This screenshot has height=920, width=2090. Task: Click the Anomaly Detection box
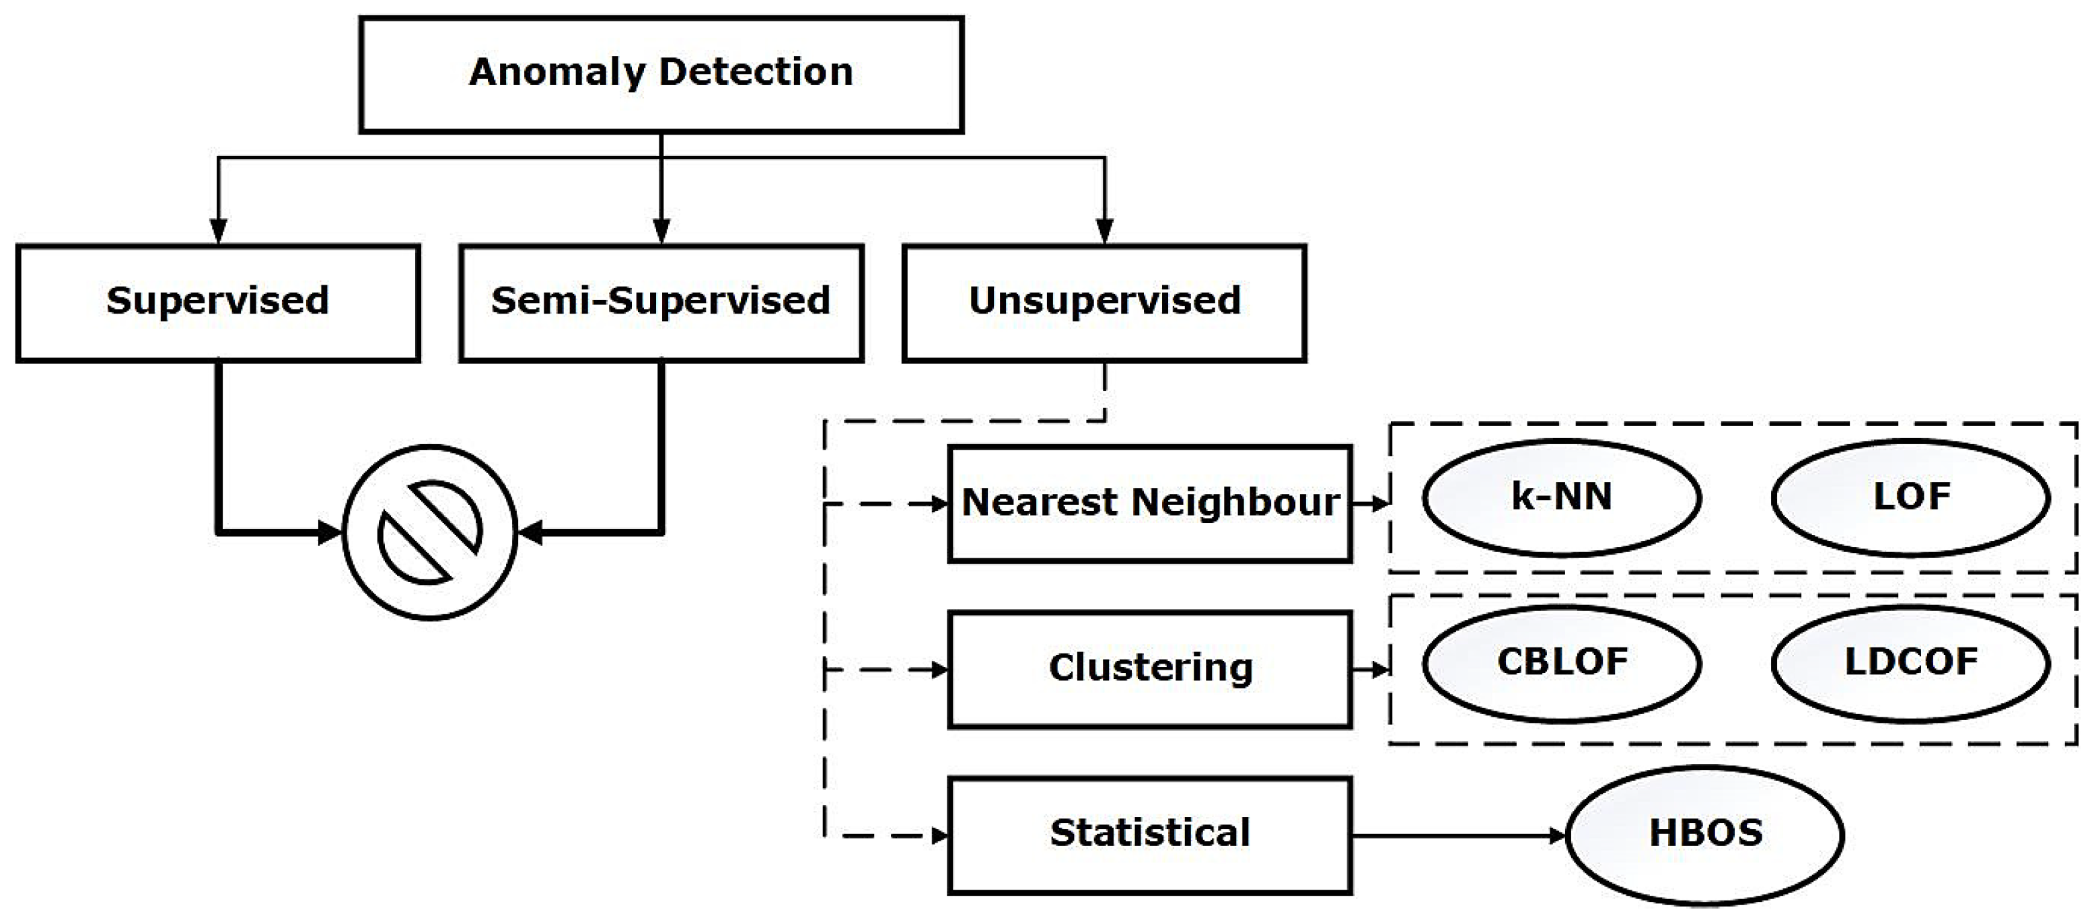(661, 75)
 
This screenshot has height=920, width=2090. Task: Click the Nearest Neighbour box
(1150, 503)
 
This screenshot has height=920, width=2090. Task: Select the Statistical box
(1150, 835)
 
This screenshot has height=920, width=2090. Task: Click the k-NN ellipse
(1562, 497)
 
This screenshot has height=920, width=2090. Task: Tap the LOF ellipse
(1911, 497)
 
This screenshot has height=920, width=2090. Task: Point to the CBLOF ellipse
(1562, 663)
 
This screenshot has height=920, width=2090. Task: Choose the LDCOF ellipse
(1911, 663)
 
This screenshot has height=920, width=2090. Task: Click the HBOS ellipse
(1704, 834)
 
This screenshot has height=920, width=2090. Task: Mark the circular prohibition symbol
(430, 532)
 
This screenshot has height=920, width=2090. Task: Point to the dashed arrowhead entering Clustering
(939, 670)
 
